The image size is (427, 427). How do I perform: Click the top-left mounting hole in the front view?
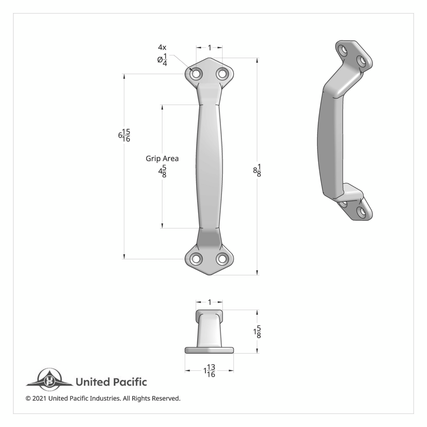click(x=196, y=74)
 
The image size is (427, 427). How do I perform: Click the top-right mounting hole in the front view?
click(x=222, y=74)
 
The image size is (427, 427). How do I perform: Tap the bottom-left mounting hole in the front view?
click(x=196, y=259)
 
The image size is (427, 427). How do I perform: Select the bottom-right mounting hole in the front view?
click(x=222, y=259)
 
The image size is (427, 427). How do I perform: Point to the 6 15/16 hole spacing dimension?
click(x=124, y=135)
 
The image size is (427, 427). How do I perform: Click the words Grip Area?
click(x=162, y=159)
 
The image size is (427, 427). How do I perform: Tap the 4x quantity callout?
click(x=162, y=47)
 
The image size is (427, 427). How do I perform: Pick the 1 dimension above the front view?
click(x=210, y=47)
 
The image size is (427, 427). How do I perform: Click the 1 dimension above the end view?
click(x=210, y=302)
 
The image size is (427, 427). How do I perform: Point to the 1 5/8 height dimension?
click(x=257, y=332)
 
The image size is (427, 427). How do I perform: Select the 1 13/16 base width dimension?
click(x=210, y=371)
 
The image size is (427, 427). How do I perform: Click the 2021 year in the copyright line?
click(x=39, y=399)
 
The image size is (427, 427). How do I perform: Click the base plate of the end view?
click(x=209, y=350)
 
